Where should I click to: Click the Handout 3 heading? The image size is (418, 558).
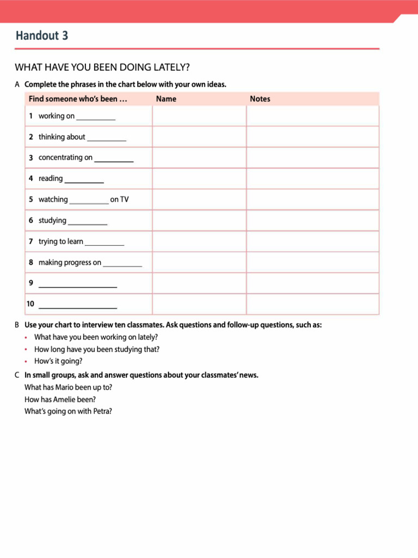click(42, 36)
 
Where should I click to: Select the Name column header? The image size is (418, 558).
click(166, 99)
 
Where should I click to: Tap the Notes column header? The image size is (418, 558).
click(260, 99)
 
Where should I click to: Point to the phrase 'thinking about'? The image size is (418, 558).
click(62, 137)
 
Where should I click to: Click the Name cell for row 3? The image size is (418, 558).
click(199, 157)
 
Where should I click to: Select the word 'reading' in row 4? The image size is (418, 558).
click(51, 179)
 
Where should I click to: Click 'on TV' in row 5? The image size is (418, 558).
click(119, 199)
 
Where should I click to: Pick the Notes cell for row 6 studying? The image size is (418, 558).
click(312, 221)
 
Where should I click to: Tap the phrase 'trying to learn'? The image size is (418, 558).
click(60, 241)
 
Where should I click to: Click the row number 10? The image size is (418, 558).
click(30, 304)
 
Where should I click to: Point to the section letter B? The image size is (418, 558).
click(17, 325)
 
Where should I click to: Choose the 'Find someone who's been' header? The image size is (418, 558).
click(77, 99)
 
